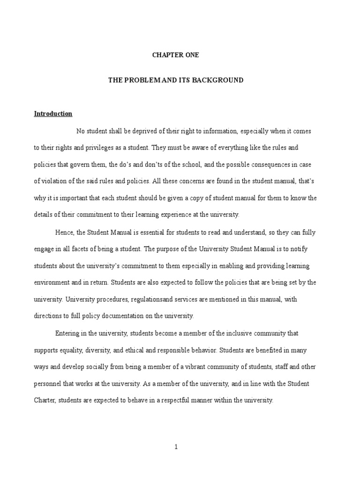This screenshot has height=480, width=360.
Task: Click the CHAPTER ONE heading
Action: (176, 55)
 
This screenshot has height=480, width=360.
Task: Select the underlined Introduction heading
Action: (53, 114)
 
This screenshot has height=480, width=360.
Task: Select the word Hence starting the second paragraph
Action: (64, 232)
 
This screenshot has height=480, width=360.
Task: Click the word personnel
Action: (48, 384)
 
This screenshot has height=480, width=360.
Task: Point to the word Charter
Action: (45, 401)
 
